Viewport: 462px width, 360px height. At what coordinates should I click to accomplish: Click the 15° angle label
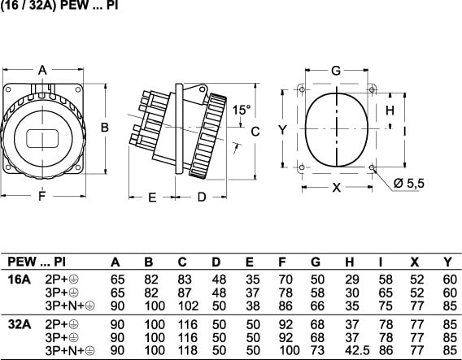click(x=242, y=110)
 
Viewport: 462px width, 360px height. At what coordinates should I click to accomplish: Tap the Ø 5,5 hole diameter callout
click(x=408, y=183)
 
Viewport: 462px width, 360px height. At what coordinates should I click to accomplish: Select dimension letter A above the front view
click(x=43, y=71)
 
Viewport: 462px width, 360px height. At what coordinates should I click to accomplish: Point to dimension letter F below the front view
click(x=42, y=196)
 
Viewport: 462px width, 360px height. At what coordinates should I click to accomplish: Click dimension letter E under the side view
click(x=152, y=197)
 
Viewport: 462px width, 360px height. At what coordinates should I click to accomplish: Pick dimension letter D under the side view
click(x=202, y=197)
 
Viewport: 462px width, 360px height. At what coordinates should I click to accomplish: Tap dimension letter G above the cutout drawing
click(x=336, y=71)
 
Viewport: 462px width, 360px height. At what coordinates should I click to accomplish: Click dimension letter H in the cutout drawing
click(x=390, y=111)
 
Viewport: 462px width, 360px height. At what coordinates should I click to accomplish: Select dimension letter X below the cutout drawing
click(x=337, y=187)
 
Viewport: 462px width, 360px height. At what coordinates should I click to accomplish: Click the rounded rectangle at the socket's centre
click(x=42, y=139)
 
